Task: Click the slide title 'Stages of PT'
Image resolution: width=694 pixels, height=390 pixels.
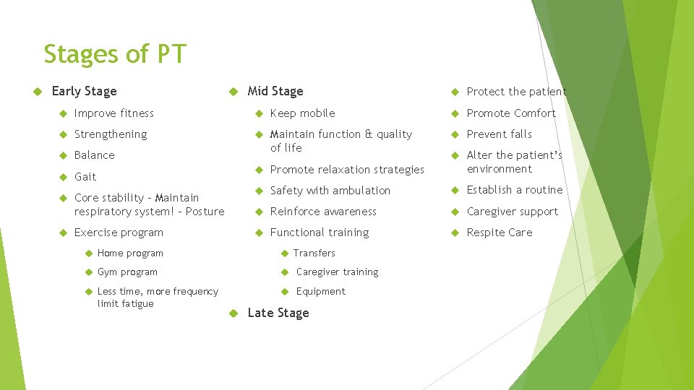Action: coord(115,54)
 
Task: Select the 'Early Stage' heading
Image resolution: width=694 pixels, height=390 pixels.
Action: coord(84,91)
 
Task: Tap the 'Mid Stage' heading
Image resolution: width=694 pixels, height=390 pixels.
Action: coord(275,91)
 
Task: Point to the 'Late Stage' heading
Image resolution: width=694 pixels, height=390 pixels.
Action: coord(278,313)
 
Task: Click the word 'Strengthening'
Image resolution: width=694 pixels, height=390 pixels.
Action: coord(111,134)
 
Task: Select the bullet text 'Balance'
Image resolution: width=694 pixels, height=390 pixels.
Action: coord(95,155)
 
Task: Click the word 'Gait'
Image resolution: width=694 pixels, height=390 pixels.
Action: coord(85,177)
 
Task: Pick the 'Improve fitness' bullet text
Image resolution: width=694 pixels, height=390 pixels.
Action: coord(114,113)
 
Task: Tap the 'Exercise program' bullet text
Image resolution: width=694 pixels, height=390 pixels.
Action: coord(119,233)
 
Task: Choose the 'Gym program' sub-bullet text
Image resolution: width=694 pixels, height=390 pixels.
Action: coord(127,272)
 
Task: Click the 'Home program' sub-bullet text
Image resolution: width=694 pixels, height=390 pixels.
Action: coord(130,253)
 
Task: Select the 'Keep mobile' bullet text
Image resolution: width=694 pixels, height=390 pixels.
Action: coord(302,113)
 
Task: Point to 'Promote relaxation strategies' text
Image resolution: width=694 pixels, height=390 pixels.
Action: coord(347,170)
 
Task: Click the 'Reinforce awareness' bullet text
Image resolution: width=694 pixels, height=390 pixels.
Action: coord(323,212)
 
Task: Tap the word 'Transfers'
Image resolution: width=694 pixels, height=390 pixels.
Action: coord(314,253)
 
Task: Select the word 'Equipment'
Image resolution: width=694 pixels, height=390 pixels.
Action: coord(321,292)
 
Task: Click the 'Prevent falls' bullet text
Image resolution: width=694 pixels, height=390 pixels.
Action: coord(499,134)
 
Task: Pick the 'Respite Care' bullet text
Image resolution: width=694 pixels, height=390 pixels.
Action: coord(500,233)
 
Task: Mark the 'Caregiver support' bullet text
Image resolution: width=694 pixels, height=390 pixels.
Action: coord(513,212)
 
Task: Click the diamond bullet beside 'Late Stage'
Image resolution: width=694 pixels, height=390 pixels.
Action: coord(232,313)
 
